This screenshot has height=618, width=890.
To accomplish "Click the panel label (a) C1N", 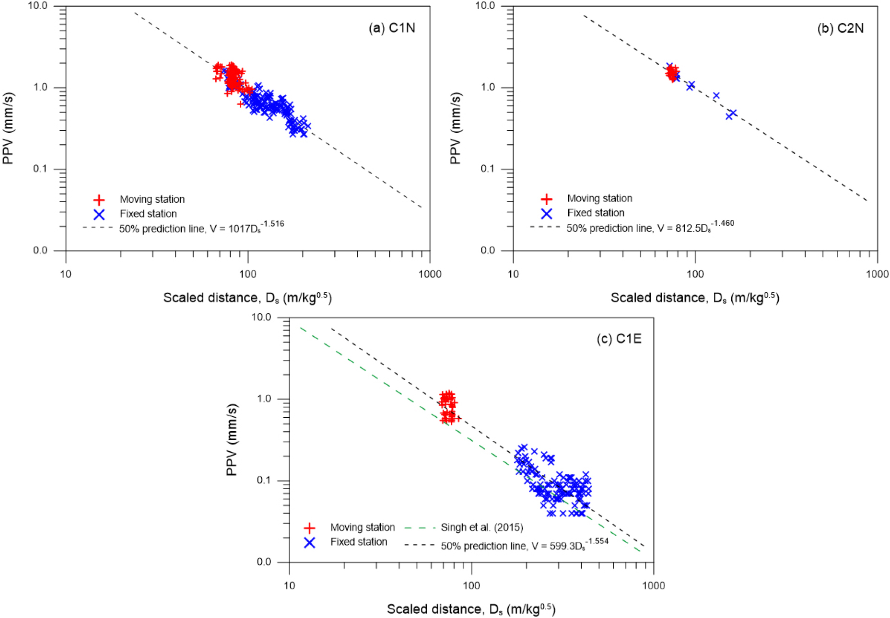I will (x=392, y=28).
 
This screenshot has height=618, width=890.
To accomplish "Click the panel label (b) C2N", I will (x=840, y=28).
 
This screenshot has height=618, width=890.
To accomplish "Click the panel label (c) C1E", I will (x=619, y=339).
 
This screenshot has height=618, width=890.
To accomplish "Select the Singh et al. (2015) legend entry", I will (x=481, y=527).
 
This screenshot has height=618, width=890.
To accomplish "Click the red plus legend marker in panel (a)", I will (x=99, y=199).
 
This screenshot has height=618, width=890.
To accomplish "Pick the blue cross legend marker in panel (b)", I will (x=546, y=213).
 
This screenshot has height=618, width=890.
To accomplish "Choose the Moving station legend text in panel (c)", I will (x=363, y=527).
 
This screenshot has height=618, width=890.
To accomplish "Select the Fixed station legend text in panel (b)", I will (x=596, y=213).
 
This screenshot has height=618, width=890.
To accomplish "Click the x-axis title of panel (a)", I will (x=247, y=298).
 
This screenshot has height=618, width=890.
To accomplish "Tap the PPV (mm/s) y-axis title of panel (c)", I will (x=232, y=439).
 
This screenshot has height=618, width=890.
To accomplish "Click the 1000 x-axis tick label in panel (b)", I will (x=877, y=274).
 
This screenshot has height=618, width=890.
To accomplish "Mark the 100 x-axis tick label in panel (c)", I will (x=471, y=585).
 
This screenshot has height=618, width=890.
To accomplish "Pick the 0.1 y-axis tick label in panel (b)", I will (x=488, y=169).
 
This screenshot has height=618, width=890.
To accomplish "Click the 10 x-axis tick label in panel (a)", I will (x=66, y=274).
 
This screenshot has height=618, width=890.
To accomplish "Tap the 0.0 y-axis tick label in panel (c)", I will (x=264, y=562).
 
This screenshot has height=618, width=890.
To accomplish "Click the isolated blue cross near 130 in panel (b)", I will (x=716, y=96).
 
